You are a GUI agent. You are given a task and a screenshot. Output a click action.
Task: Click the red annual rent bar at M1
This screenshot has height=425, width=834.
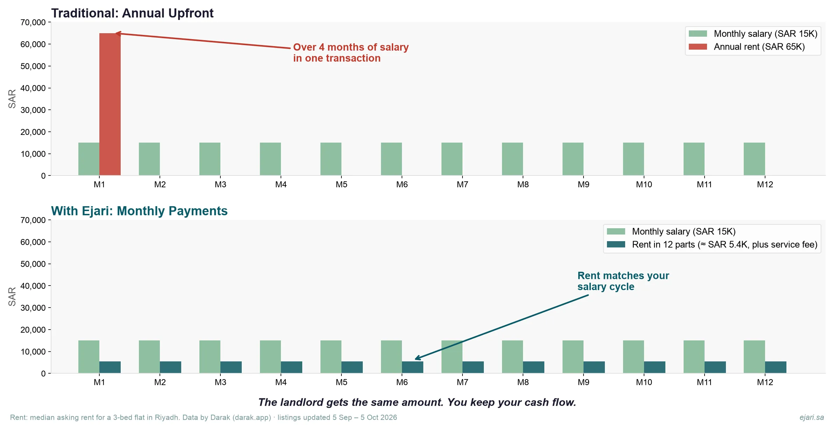[110, 104]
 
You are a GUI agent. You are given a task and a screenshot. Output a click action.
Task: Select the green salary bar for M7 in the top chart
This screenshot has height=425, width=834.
[452, 159]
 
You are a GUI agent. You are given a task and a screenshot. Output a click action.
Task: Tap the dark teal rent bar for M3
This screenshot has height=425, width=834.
[231, 367]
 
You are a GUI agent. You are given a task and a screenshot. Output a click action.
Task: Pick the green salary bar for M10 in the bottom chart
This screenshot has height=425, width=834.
[634, 357]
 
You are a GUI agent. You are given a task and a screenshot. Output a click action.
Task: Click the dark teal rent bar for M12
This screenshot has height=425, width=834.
[776, 367]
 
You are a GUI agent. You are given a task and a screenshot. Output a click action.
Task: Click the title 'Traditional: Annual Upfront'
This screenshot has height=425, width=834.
[132, 13]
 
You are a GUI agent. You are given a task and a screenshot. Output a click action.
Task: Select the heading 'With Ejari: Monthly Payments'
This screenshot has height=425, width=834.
[139, 211]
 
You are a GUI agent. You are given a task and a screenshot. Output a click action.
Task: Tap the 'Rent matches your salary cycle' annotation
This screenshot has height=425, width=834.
[623, 281]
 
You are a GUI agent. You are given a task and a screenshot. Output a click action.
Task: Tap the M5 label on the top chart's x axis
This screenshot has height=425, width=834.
[341, 185]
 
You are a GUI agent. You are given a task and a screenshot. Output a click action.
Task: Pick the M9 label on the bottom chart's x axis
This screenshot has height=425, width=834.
[584, 382]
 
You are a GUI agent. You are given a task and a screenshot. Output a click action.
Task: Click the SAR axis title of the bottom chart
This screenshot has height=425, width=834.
[12, 296]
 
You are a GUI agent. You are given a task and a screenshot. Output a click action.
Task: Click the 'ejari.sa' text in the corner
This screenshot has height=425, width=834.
[812, 417]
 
